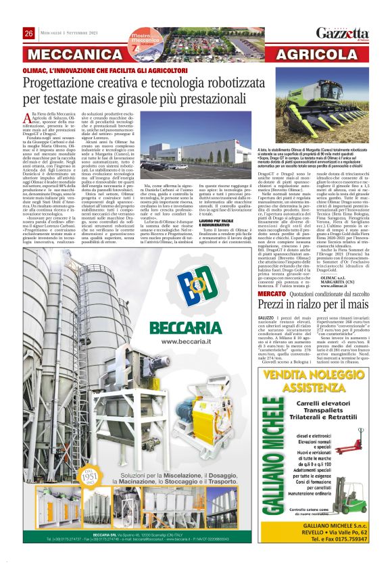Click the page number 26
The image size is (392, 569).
29,34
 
